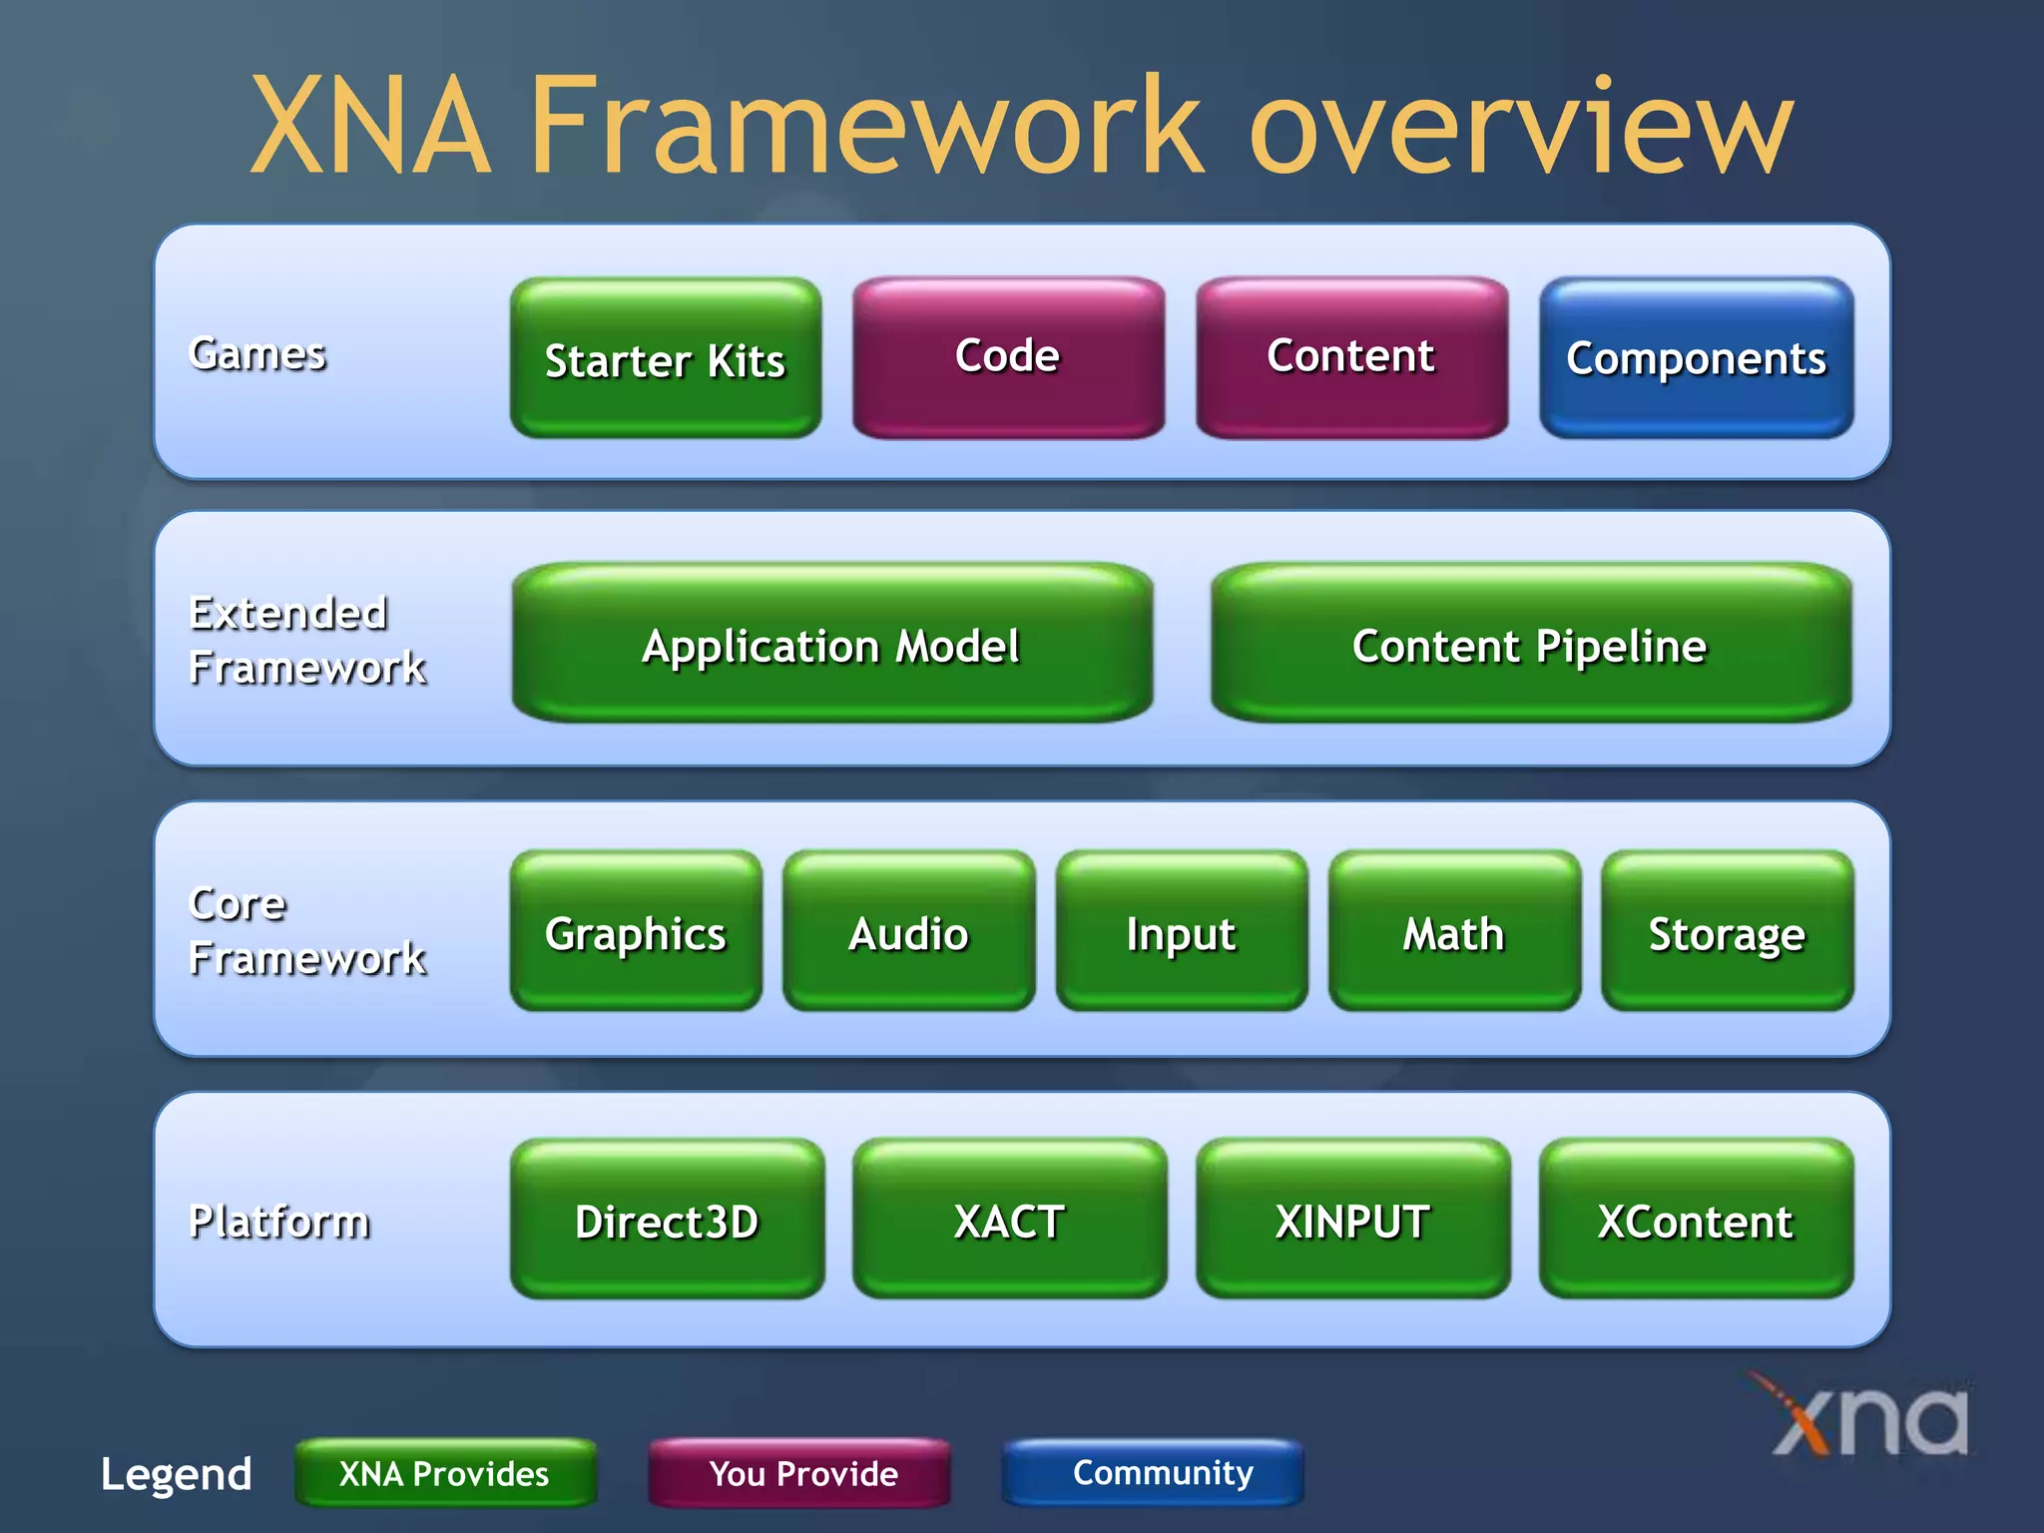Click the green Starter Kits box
pyautogui.click(x=666, y=358)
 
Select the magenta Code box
pyautogui.click(x=1008, y=357)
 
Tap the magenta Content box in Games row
pyautogui.click(x=1351, y=357)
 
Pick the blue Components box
pyautogui.click(x=1696, y=358)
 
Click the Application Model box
pyautogui.click(x=831, y=644)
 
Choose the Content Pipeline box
pyautogui.click(x=1530, y=644)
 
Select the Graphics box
pyautogui.click(x=636, y=931)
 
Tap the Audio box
pyautogui.click(x=908, y=931)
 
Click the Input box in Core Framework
pyautogui.click(x=1181, y=931)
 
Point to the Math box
pyautogui.click(x=1454, y=931)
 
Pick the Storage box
pyautogui.click(x=1727, y=931)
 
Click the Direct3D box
pyautogui.click(x=667, y=1219)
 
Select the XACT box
pyautogui.click(x=1009, y=1219)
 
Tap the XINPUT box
pyautogui.click(x=1352, y=1219)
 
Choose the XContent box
pyautogui.click(x=1696, y=1219)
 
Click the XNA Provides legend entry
pyautogui.click(x=445, y=1473)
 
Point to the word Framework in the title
pyautogui.click(x=866, y=125)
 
